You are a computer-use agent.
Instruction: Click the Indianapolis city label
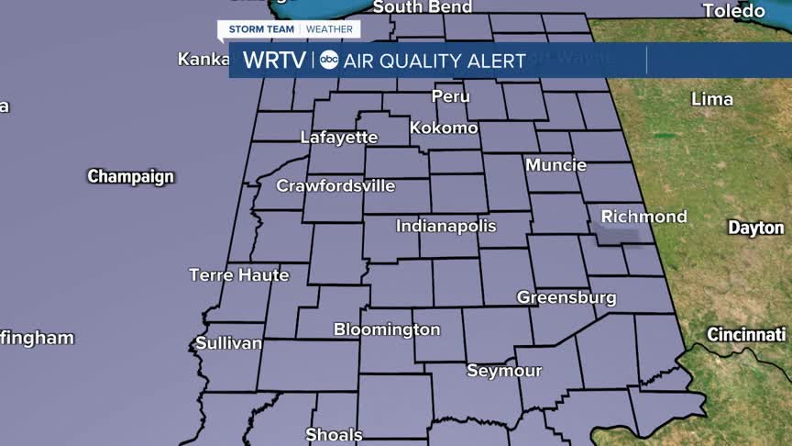(x=445, y=226)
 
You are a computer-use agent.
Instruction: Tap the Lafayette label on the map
(x=339, y=138)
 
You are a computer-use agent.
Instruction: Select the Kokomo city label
(x=444, y=128)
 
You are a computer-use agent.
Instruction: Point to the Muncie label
(x=555, y=165)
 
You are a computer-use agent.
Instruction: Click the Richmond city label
(x=643, y=217)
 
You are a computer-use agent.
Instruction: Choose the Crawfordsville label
(x=336, y=186)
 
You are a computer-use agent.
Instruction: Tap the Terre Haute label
(x=238, y=274)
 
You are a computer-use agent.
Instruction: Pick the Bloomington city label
(x=387, y=329)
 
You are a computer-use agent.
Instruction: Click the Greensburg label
(x=566, y=297)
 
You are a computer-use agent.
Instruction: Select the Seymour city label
(x=504, y=371)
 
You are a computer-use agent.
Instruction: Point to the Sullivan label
(x=228, y=344)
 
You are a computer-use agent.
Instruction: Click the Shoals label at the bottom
(x=334, y=435)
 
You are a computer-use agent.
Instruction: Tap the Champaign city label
(x=130, y=176)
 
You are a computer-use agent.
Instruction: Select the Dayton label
(x=756, y=228)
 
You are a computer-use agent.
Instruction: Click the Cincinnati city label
(x=746, y=335)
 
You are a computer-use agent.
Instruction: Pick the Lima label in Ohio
(x=712, y=98)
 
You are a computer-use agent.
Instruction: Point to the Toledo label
(x=733, y=11)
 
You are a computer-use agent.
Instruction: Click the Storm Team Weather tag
(x=290, y=29)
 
